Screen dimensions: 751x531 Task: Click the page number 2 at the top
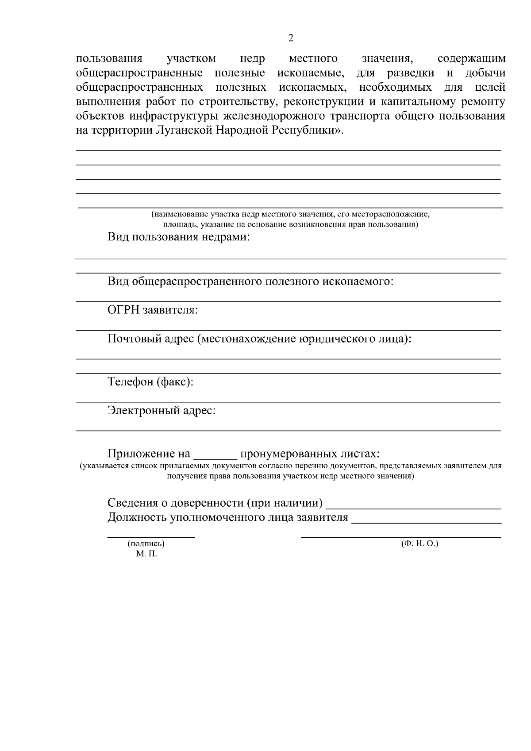click(290, 39)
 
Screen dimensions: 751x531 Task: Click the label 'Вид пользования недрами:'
click(179, 238)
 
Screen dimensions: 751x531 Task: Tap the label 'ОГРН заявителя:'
click(153, 310)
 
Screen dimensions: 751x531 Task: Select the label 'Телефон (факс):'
click(150, 382)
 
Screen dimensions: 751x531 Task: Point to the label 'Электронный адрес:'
click(162, 411)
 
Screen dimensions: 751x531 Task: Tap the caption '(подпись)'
click(146, 543)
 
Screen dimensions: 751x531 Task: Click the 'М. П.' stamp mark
click(146, 554)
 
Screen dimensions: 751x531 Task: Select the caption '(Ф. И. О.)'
click(419, 543)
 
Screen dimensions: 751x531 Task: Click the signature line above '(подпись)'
click(151, 537)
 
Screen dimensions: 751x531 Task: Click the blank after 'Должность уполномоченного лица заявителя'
click(426, 523)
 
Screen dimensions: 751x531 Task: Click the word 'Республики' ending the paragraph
click(303, 131)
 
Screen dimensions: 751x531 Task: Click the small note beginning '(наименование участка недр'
click(290, 215)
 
